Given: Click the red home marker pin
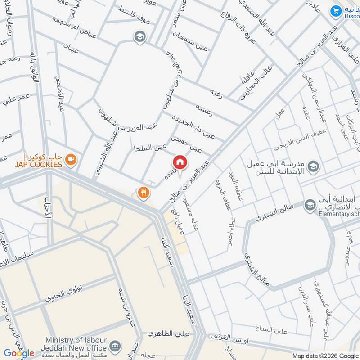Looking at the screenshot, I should click(x=180, y=162).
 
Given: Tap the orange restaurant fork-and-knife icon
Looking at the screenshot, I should click(x=144, y=193).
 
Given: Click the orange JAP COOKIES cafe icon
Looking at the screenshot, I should click(x=70, y=158).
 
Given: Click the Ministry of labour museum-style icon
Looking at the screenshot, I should click(x=116, y=346).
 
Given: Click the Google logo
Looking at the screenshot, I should click(x=18, y=353).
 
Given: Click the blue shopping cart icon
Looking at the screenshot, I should click(x=335, y=11).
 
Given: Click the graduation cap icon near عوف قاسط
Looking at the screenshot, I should click(x=139, y=36).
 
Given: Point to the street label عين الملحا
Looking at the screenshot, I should click(x=150, y=148).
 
